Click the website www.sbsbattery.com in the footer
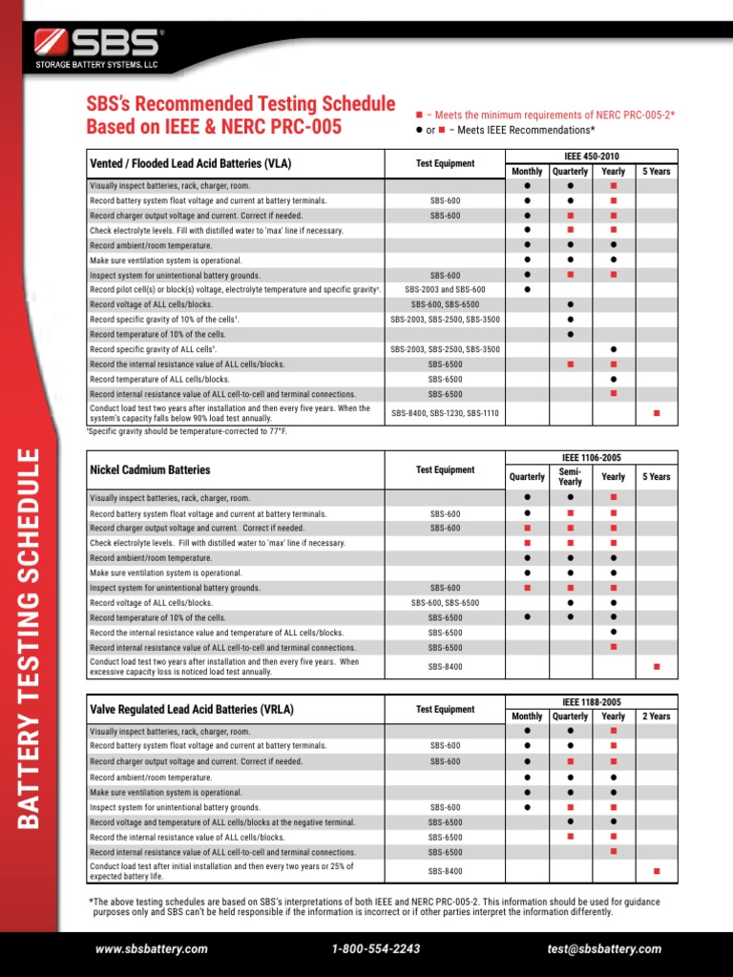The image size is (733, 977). pyautogui.click(x=151, y=948)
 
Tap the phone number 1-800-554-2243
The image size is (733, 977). pyautogui.click(x=376, y=948)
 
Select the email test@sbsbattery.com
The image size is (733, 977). pyautogui.click(x=603, y=948)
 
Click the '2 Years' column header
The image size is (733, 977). pyautogui.click(x=657, y=716)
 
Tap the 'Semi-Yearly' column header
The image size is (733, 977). pyautogui.click(x=570, y=476)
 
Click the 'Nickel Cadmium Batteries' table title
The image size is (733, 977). pyautogui.click(x=150, y=469)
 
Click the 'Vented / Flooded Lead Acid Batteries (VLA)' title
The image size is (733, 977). pyautogui.click(x=190, y=163)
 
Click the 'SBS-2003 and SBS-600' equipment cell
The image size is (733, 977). pyautogui.click(x=445, y=289)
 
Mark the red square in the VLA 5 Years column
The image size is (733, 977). pyautogui.click(x=657, y=413)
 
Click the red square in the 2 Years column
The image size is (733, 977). pyautogui.click(x=657, y=871)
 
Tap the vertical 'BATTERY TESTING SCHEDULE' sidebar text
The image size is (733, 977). pyautogui.click(x=29, y=636)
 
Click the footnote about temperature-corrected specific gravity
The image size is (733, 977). pyautogui.click(x=187, y=431)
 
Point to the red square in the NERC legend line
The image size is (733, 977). pyautogui.click(x=420, y=114)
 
